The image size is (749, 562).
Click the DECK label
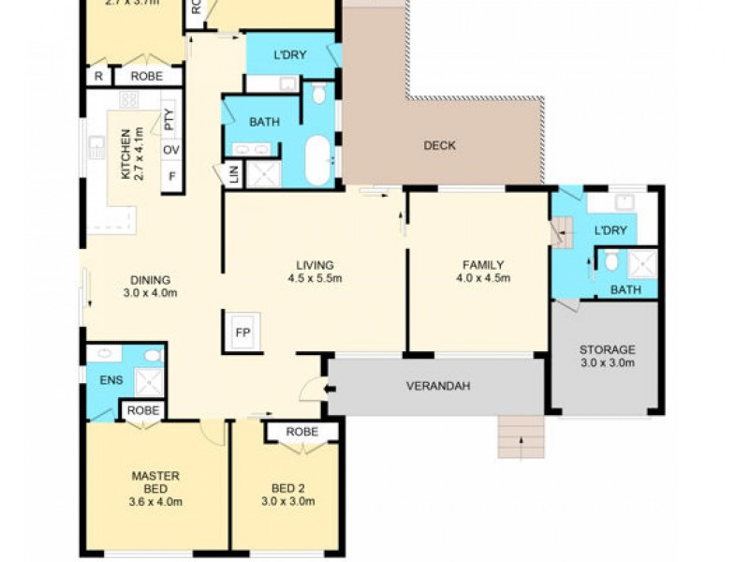click(x=439, y=145)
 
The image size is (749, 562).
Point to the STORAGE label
click(x=607, y=349)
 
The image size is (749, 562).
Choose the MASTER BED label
click(x=155, y=481)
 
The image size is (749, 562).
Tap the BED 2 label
click(x=287, y=487)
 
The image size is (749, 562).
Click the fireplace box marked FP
click(x=242, y=333)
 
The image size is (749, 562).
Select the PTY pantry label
click(x=169, y=119)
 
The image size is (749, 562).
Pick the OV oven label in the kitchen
click(x=170, y=150)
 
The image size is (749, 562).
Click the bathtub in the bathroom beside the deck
click(x=319, y=160)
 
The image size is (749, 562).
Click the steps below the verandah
click(x=521, y=437)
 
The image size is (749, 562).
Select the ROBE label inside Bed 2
click(x=301, y=432)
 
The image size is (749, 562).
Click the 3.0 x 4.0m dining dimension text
click(x=150, y=292)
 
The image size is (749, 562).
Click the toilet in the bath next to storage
click(x=612, y=261)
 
